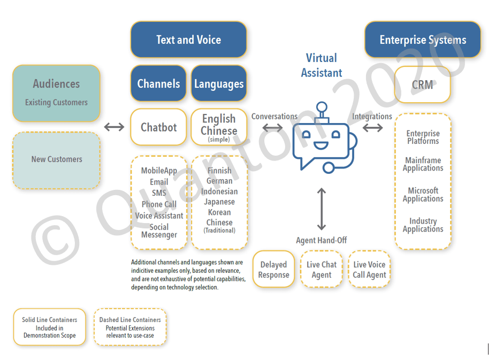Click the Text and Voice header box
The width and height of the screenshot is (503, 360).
tap(188, 40)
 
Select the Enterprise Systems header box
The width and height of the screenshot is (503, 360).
tap(422, 40)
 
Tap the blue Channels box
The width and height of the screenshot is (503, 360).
tap(158, 83)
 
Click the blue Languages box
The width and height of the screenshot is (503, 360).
tap(218, 83)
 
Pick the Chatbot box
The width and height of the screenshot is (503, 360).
tap(158, 127)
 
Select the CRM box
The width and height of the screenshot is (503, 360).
tap(422, 85)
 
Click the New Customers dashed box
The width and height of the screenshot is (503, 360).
tap(56, 159)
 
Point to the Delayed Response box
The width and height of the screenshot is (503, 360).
tap(273, 270)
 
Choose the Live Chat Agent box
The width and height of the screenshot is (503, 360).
tap(321, 270)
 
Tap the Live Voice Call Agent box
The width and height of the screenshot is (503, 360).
tap(369, 270)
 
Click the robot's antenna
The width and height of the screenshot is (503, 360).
tap(322, 110)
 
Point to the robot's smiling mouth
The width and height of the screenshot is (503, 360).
tap(321, 144)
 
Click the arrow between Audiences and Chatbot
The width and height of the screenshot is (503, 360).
tap(114, 127)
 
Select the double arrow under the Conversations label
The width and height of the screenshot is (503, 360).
tap(273, 128)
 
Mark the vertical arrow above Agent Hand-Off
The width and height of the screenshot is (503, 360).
tap(321, 209)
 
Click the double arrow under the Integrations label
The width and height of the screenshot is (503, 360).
tap(372, 128)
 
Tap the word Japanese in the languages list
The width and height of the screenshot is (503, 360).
tap(219, 202)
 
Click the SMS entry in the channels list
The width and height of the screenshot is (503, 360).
tap(159, 193)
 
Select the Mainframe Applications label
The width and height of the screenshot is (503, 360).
tap(423, 164)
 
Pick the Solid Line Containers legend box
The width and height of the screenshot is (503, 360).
tap(49, 327)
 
